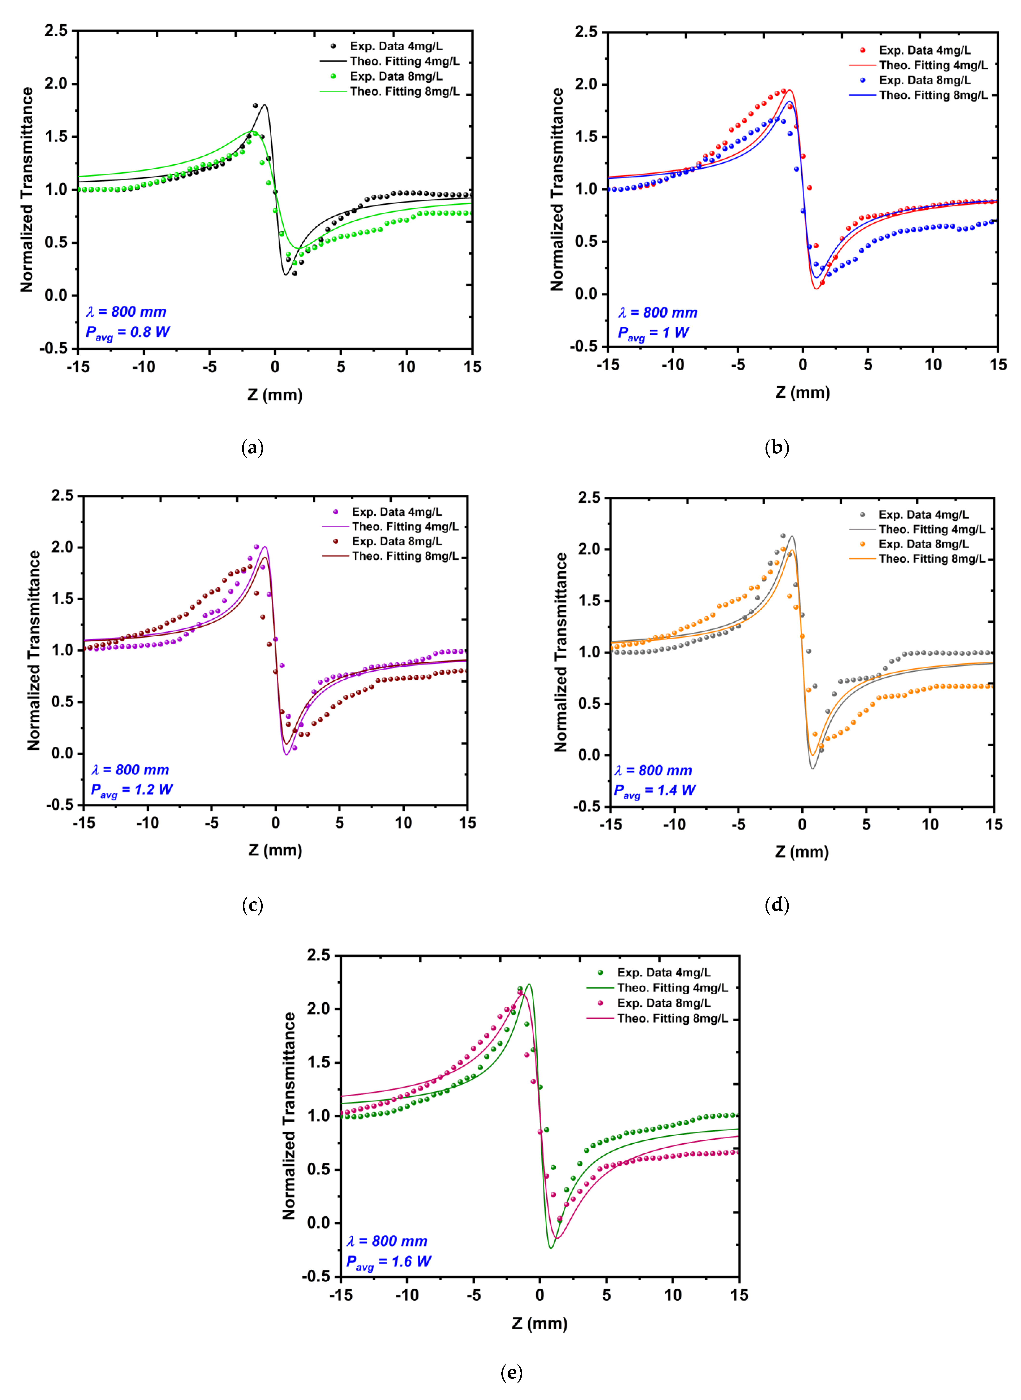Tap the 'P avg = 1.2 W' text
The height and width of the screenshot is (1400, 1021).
[132, 790]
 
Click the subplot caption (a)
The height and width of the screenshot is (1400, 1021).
[252, 447]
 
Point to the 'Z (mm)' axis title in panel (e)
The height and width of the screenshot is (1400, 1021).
[540, 1323]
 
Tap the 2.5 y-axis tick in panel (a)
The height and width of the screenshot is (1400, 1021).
[56, 31]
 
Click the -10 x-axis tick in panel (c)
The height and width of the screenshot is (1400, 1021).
[148, 823]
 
